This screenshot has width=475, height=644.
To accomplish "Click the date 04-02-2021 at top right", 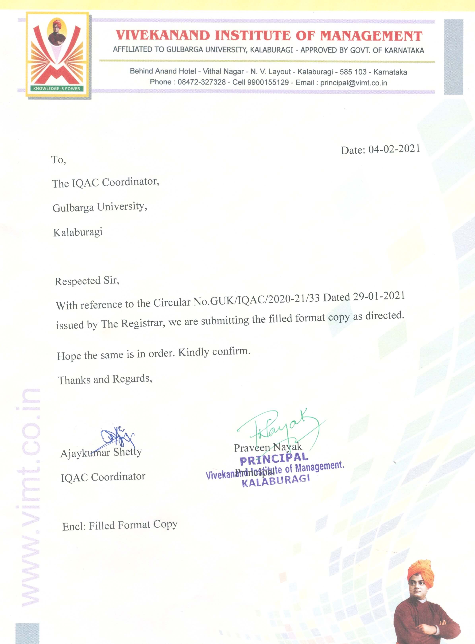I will pyautogui.click(x=394, y=149).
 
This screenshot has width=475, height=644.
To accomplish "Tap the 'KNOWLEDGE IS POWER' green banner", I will pyautogui.click(x=57, y=88).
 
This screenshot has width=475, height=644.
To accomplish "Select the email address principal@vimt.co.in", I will pyautogui.click(x=353, y=83).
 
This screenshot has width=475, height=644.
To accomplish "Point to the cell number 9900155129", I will pyautogui.click(x=268, y=82).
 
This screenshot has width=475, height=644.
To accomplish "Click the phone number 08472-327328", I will pyautogui.click(x=202, y=82).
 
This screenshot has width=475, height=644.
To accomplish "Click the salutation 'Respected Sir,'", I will pyautogui.click(x=87, y=281).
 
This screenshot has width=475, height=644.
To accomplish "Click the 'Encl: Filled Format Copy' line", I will pyautogui.click(x=120, y=525).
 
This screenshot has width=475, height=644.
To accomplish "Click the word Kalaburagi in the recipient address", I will pyautogui.click(x=78, y=232).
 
